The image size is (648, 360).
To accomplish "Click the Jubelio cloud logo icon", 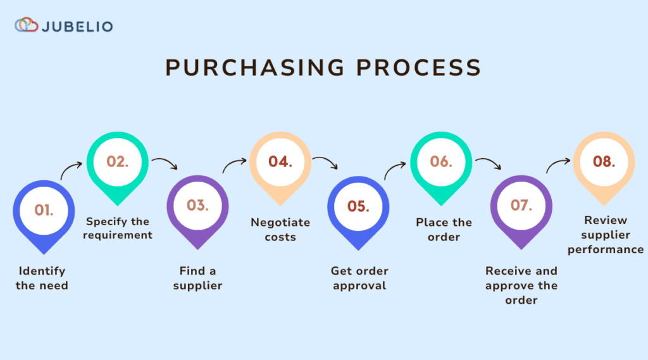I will pos(27,26).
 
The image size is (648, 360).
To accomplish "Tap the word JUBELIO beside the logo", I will pos(77,27).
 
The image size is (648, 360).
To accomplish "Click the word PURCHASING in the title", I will pos(254,67).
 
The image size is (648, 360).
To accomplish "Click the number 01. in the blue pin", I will pos(44,210).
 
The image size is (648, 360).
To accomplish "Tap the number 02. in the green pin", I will pos(117,161).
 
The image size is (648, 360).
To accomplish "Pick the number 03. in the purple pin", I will pos(197,206).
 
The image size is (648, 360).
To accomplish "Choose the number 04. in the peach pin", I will pos(280,161).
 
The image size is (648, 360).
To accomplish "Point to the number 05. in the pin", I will pos(358,207).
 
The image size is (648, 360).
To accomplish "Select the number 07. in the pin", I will pos(521,206).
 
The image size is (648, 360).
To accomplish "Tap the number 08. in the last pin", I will pos(604,161).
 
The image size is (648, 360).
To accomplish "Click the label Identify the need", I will pos(42,278).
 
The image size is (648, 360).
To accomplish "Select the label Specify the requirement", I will pos(118,228).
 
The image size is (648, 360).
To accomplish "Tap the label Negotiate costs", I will pos(280,230).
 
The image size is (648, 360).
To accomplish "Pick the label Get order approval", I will pos(359,278).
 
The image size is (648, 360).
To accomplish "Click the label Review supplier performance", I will pos(605,235).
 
